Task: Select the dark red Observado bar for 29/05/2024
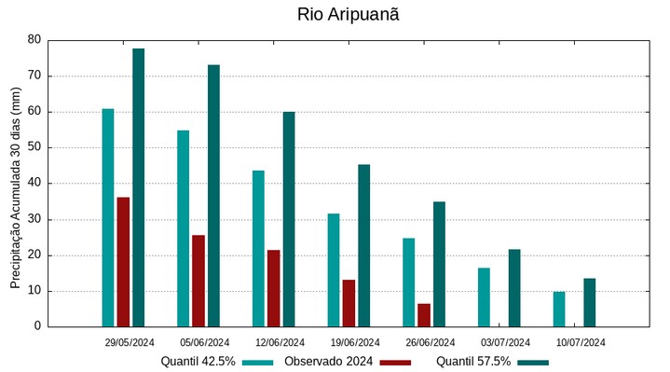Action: pyautogui.click(x=123, y=262)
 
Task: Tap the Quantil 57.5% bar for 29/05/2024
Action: pyautogui.click(x=138, y=187)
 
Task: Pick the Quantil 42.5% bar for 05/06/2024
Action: pyautogui.click(x=184, y=228)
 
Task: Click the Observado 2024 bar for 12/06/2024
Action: pyautogui.click(x=274, y=288)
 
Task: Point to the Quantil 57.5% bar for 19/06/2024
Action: pyautogui.click(x=364, y=245)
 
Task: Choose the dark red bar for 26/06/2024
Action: pyautogui.click(x=424, y=315)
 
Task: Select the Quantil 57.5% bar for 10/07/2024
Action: pyautogui.click(x=590, y=302)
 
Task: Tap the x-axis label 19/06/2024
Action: pyautogui.click(x=355, y=342)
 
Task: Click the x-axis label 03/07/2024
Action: pyautogui.click(x=505, y=342)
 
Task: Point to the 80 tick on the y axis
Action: pyautogui.click(x=34, y=40)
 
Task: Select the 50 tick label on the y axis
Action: pyautogui.click(x=34, y=147)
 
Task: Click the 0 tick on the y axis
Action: pyautogui.click(x=37, y=326)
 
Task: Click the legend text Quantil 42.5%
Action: pyautogui.click(x=198, y=362)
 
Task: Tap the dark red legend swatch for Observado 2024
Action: pyautogui.click(x=396, y=362)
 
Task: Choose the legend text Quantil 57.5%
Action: pyautogui.click(x=473, y=362)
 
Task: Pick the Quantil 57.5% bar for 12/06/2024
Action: pyautogui.click(x=289, y=219)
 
